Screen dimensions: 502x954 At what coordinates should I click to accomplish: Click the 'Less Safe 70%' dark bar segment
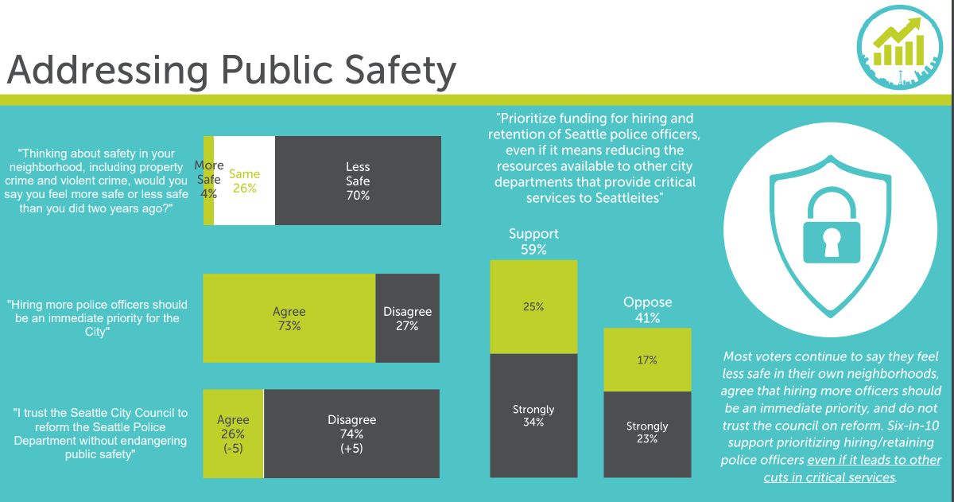tap(358, 181)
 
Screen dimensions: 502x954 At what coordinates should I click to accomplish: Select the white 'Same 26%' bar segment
tap(245, 181)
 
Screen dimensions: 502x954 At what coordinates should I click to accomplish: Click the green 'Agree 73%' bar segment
tap(289, 318)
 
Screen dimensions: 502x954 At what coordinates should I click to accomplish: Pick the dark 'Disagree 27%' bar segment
tap(407, 318)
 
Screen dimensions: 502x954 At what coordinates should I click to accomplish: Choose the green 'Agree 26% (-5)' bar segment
tap(233, 434)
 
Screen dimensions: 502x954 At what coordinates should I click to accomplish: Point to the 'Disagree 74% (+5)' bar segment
tap(351, 434)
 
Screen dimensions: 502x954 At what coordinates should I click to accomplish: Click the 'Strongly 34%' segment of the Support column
tap(533, 415)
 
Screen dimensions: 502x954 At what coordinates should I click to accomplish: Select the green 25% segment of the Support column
tap(533, 307)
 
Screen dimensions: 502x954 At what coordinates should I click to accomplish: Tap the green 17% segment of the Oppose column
tap(647, 360)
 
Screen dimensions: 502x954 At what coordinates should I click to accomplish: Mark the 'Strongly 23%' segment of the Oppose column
tap(647, 433)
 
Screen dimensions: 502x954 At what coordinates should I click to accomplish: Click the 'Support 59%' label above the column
tap(533, 241)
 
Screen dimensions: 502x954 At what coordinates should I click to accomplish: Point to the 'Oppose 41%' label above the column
tap(647, 309)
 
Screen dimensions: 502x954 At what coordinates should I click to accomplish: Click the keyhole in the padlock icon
tap(831, 243)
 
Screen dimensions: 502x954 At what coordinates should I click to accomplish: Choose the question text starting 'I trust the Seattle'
tap(100, 434)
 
